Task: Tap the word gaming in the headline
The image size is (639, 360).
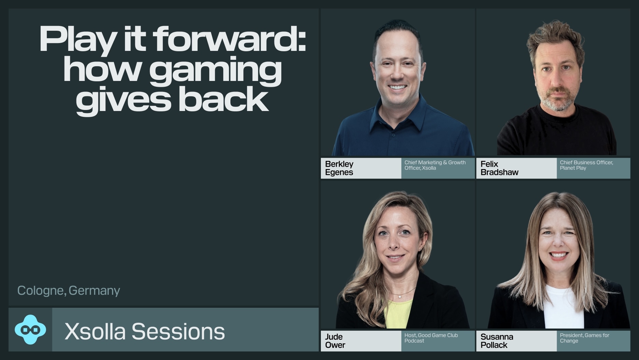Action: tap(215, 71)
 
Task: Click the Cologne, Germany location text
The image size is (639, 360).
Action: tap(69, 291)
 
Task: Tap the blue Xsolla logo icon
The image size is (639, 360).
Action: tap(30, 330)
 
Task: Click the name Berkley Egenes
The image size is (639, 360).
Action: tap(339, 168)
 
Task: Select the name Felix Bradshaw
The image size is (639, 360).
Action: tap(499, 168)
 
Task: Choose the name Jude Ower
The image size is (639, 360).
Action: tap(335, 341)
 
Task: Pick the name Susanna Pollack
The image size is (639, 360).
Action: tap(497, 341)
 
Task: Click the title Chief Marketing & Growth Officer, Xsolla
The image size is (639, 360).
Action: tap(435, 165)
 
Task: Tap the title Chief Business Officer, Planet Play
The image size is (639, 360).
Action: tap(586, 165)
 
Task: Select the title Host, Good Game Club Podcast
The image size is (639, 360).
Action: tap(431, 338)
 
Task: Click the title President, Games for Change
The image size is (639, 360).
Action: tap(584, 338)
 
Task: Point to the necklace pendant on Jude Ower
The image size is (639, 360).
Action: tap(400, 296)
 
